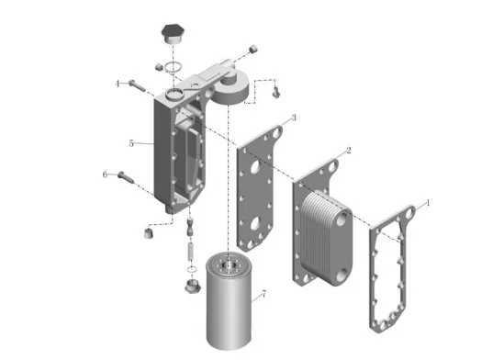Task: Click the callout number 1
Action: click(427, 203)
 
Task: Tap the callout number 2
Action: click(348, 151)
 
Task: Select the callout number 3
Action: click(294, 118)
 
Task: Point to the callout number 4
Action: click(118, 84)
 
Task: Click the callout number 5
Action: click(131, 143)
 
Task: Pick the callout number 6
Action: click(105, 174)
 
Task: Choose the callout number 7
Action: click(263, 294)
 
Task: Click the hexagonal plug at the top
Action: click(173, 34)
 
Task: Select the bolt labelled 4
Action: click(137, 85)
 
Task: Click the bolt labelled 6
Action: click(126, 177)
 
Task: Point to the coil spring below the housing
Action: click(191, 252)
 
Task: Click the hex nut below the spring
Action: click(192, 287)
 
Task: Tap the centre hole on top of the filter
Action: click(229, 265)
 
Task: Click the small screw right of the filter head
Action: click(275, 93)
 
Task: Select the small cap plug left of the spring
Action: click(149, 233)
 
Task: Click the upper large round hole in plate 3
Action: click(255, 167)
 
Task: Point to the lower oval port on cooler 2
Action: click(342, 276)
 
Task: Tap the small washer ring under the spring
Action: click(192, 269)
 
